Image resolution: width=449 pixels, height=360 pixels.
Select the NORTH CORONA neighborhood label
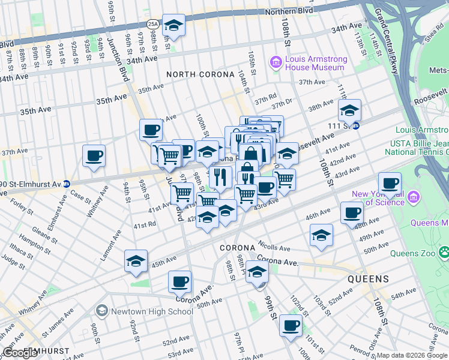point(200,74)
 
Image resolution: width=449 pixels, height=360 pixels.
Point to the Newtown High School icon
point(101,311)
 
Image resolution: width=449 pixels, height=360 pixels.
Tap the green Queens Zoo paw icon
point(444,253)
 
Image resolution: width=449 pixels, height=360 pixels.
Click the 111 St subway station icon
point(355,126)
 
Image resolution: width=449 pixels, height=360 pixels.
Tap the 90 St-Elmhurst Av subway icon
point(67,182)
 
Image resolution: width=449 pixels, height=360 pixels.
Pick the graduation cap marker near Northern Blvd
point(174,25)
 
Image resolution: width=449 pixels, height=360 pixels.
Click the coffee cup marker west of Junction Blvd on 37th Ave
point(94,156)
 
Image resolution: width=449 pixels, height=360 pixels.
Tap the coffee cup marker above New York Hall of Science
point(390,183)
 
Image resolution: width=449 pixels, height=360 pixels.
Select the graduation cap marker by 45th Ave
point(136,261)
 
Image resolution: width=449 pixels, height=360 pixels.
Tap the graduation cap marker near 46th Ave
point(321,235)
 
